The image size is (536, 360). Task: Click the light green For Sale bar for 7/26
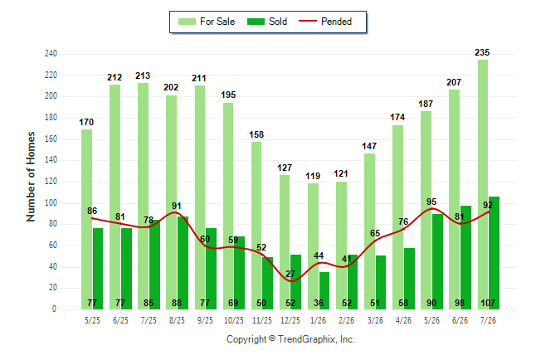[x=483, y=185]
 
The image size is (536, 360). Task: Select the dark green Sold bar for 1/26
[x=324, y=291]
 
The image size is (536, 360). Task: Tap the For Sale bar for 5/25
[x=86, y=220]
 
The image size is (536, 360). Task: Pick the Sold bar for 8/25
[x=183, y=263]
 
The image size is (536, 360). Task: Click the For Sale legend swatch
[x=187, y=22]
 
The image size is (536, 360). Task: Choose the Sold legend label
[x=278, y=22]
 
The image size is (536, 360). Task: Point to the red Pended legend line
[x=308, y=22]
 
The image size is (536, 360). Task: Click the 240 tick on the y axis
[x=51, y=54]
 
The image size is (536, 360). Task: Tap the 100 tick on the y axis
[x=51, y=203]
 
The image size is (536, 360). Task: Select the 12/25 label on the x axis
[x=290, y=320]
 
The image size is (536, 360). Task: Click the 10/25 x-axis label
[x=234, y=320]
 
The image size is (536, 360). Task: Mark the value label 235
[x=482, y=52]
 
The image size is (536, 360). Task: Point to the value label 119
[x=313, y=176]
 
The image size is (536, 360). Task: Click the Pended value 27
[x=290, y=274]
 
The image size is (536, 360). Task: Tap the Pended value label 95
[x=431, y=202]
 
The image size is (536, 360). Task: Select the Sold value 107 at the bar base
[x=488, y=303]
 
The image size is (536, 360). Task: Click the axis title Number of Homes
[x=31, y=177]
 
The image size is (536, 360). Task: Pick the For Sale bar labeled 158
[x=256, y=226]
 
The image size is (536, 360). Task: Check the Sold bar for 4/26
[x=409, y=279]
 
